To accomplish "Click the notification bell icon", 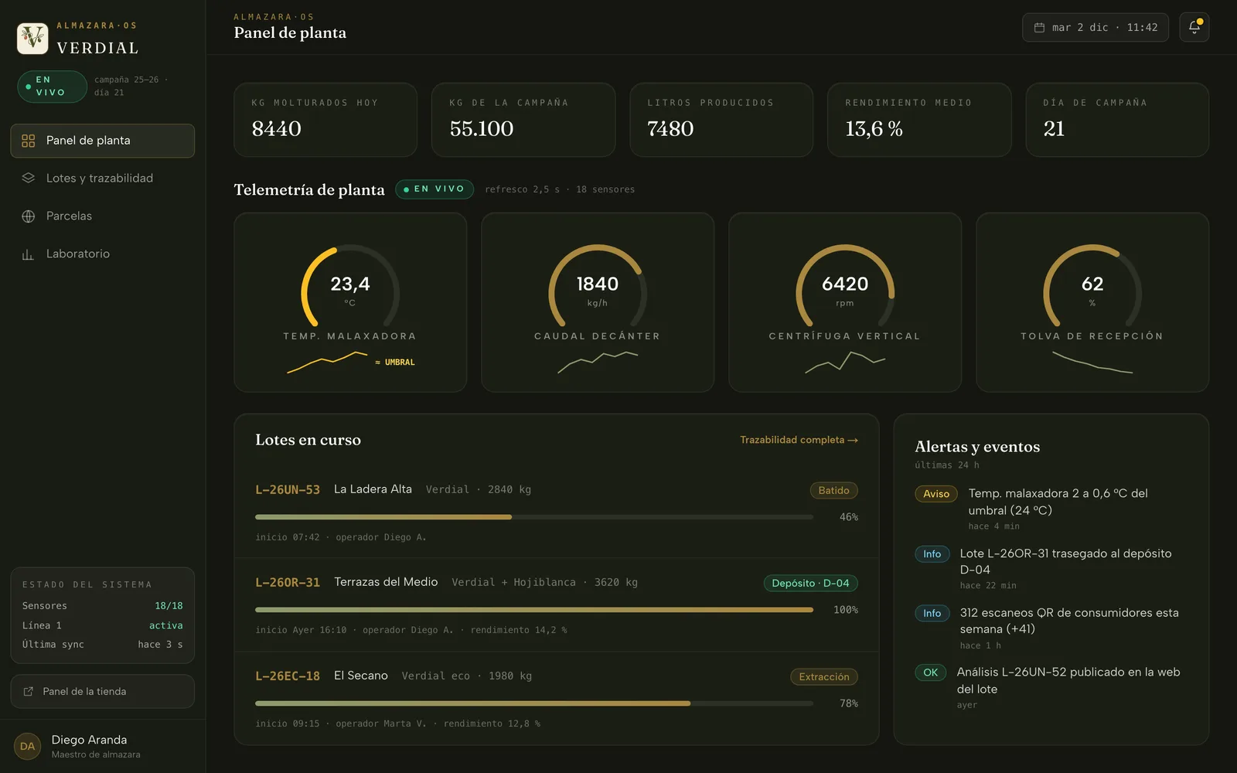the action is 1194,27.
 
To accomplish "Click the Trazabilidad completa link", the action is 799,440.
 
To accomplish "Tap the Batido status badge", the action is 833,490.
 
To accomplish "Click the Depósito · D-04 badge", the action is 810,583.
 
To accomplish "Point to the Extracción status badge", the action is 824,676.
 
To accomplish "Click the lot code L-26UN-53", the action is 287,490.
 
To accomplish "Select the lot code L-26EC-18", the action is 287,676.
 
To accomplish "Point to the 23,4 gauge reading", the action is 350,284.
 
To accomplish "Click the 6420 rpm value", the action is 845,284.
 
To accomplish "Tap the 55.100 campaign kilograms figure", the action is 481,128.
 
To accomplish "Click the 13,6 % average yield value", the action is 874,128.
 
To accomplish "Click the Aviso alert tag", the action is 936,494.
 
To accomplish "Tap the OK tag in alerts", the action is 931,673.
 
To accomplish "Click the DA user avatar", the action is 27,747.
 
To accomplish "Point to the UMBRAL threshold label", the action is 395,363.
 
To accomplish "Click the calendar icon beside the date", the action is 1039,28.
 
